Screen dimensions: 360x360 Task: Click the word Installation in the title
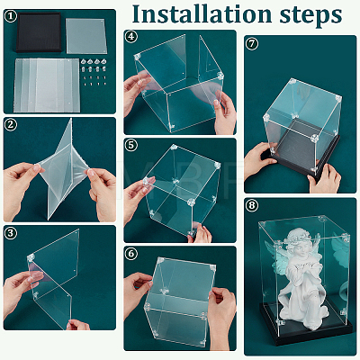point(202,13)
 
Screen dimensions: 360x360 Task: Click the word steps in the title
point(310,15)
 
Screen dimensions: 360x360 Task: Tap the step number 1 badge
point(11,16)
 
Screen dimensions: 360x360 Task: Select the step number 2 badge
point(11,124)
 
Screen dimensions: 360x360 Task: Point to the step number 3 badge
point(11,232)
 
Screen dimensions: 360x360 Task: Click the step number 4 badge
point(131,37)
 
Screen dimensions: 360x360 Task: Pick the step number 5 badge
point(131,145)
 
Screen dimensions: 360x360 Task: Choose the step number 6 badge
point(131,254)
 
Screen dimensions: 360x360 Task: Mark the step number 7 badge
point(251,43)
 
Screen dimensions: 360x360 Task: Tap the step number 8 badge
point(251,205)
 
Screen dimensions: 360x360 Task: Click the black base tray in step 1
point(39,32)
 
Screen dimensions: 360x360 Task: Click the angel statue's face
point(301,251)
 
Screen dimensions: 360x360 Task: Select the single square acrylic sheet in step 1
point(86,36)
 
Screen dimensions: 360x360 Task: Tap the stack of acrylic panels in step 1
point(47,85)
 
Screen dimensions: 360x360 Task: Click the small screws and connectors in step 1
point(94,72)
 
